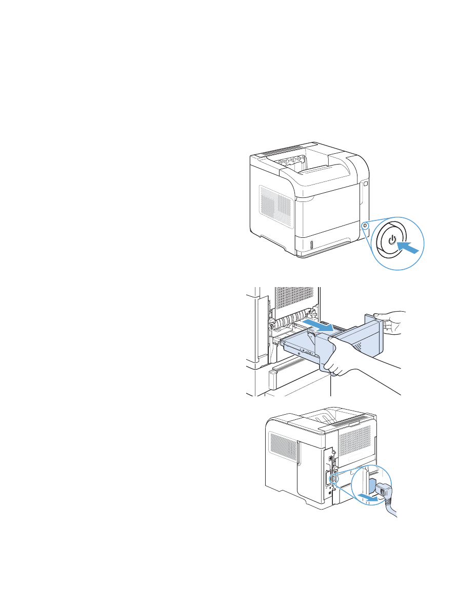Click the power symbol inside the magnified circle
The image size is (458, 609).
pos(392,240)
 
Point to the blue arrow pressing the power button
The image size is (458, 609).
pos(414,248)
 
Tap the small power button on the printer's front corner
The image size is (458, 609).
pos(365,226)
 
